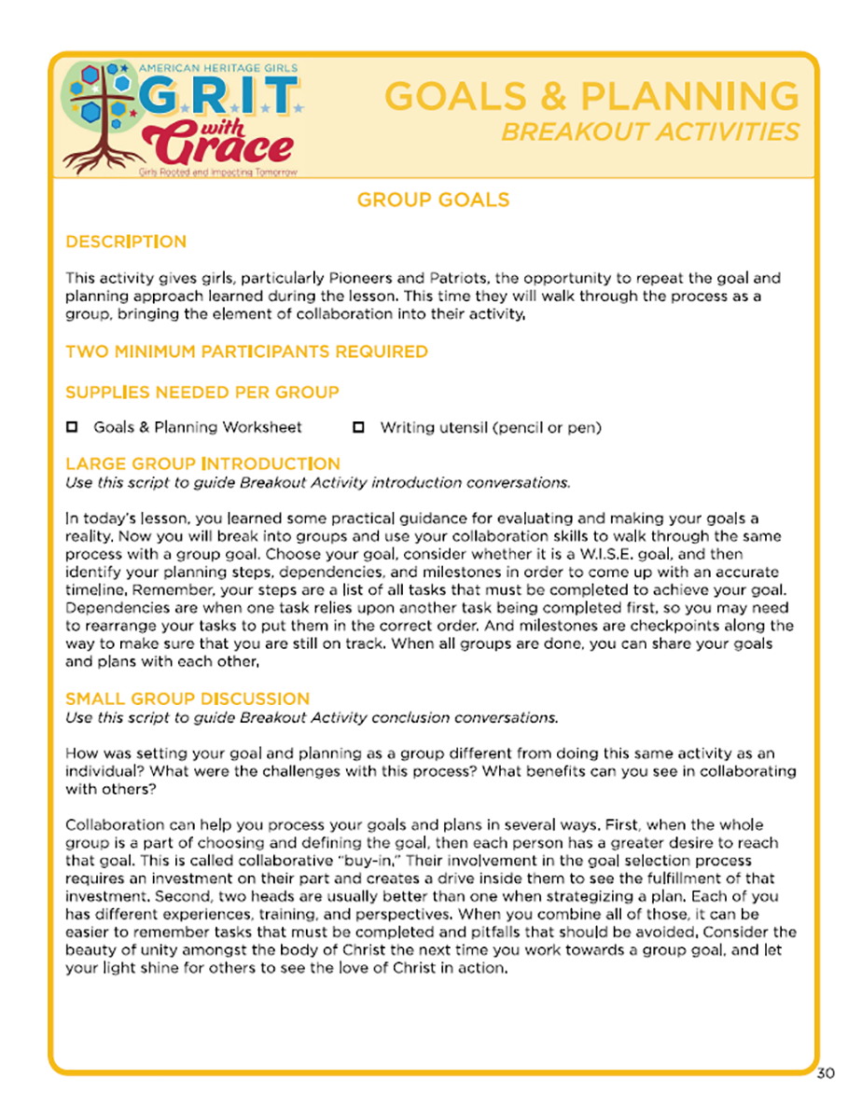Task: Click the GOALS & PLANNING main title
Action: pyautogui.click(x=591, y=95)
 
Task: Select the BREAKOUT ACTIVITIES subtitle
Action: pyautogui.click(x=649, y=131)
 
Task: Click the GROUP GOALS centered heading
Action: pyautogui.click(x=433, y=200)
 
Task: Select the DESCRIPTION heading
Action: pyautogui.click(x=126, y=242)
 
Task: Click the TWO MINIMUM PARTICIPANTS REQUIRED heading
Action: pyautogui.click(x=246, y=352)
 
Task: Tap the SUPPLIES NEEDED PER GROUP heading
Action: pyautogui.click(x=202, y=392)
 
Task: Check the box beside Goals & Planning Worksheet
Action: pyautogui.click(x=72, y=428)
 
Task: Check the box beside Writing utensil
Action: pyautogui.click(x=358, y=428)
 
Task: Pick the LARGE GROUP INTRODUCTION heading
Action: pyautogui.click(x=202, y=463)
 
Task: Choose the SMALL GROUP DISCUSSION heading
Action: pyautogui.click(x=187, y=698)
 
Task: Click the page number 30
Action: pyautogui.click(x=826, y=1072)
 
